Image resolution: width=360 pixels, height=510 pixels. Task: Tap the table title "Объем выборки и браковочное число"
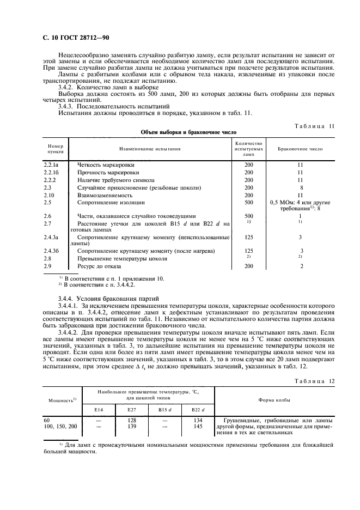(180, 132)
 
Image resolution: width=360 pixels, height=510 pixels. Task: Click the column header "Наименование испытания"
(150, 148)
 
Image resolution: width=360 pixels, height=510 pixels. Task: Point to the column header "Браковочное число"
(300, 148)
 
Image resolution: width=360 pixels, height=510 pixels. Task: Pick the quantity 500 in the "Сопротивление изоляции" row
(248, 202)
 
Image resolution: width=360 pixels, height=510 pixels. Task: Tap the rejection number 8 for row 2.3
(301, 187)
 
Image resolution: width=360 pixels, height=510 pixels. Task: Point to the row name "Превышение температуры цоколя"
(122, 258)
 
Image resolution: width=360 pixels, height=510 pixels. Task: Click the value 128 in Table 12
(132, 420)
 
